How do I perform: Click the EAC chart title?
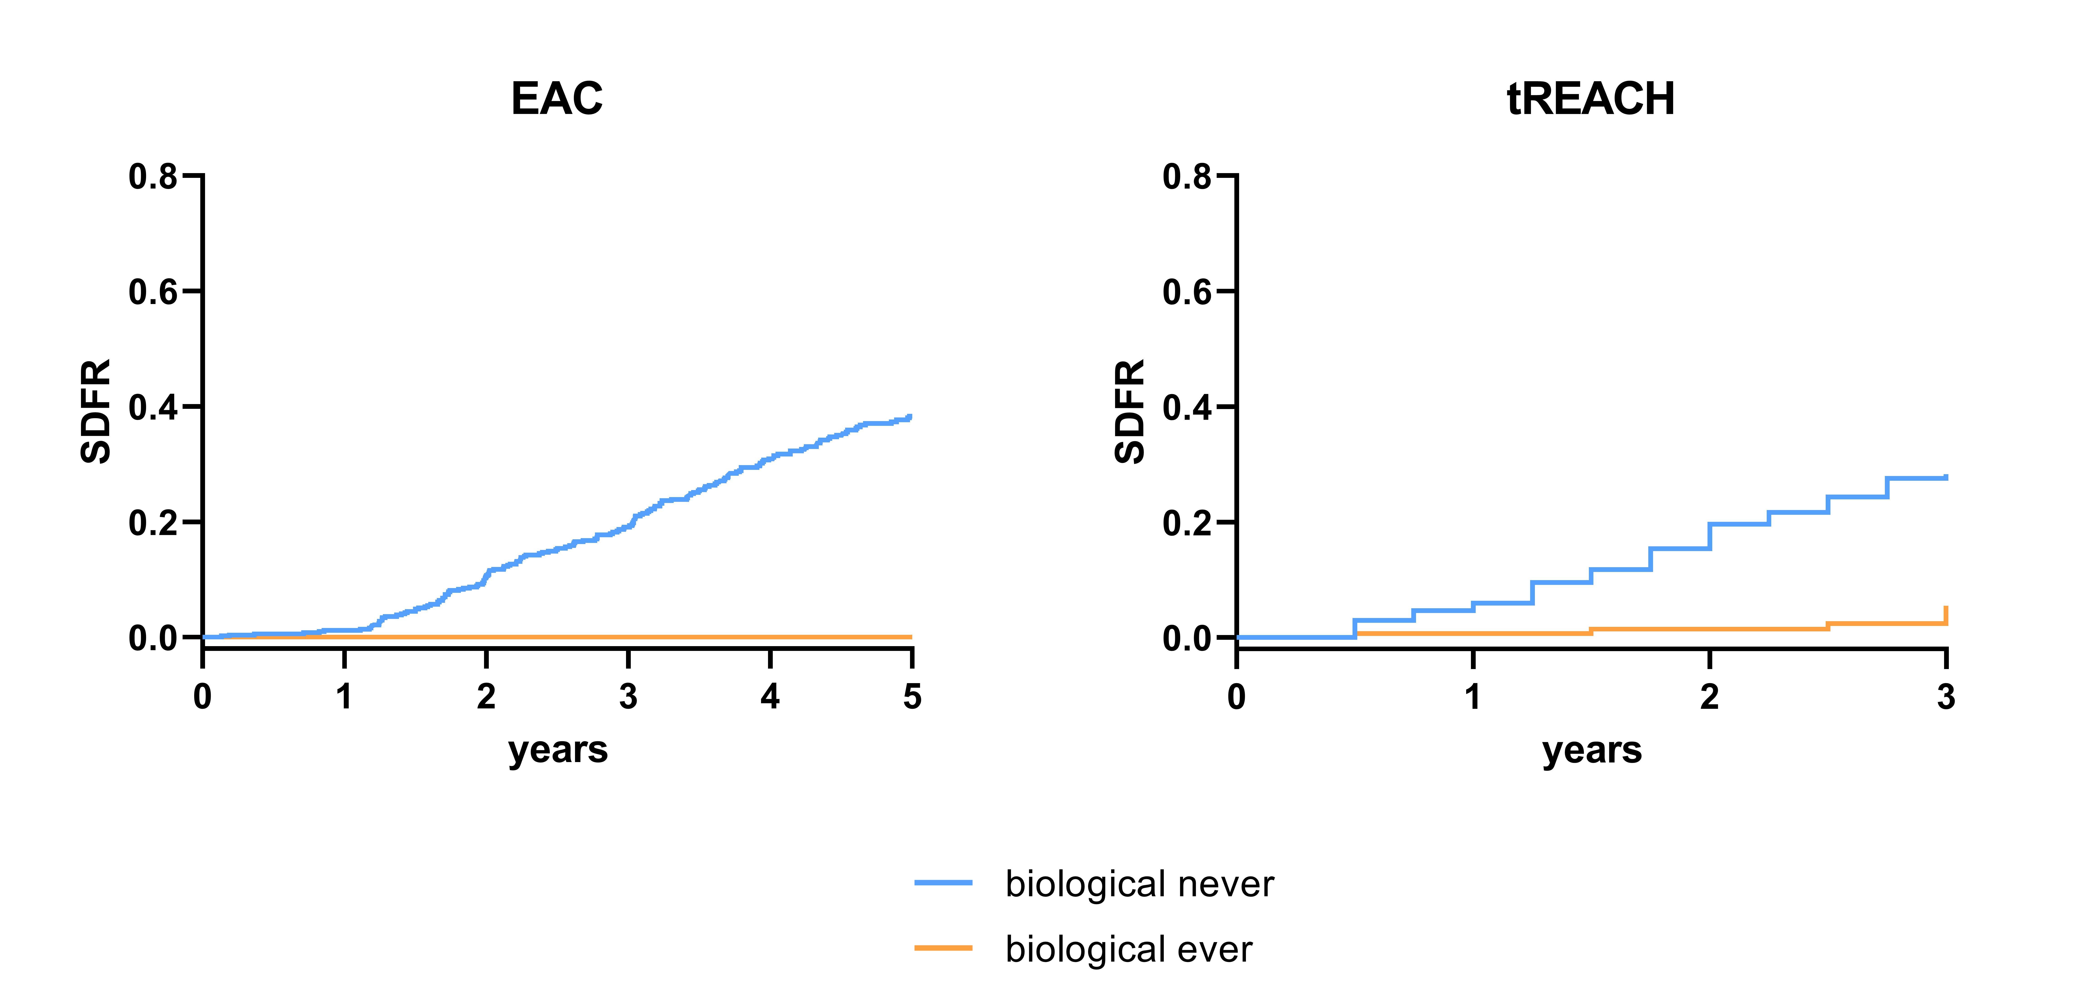[557, 99]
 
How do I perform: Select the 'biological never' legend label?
[1140, 884]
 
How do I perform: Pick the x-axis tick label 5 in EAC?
[912, 697]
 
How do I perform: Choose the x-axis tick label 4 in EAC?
[770, 697]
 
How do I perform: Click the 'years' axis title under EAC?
[558, 750]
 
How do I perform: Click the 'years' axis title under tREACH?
[1592, 750]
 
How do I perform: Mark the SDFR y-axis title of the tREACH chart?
[1129, 411]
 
